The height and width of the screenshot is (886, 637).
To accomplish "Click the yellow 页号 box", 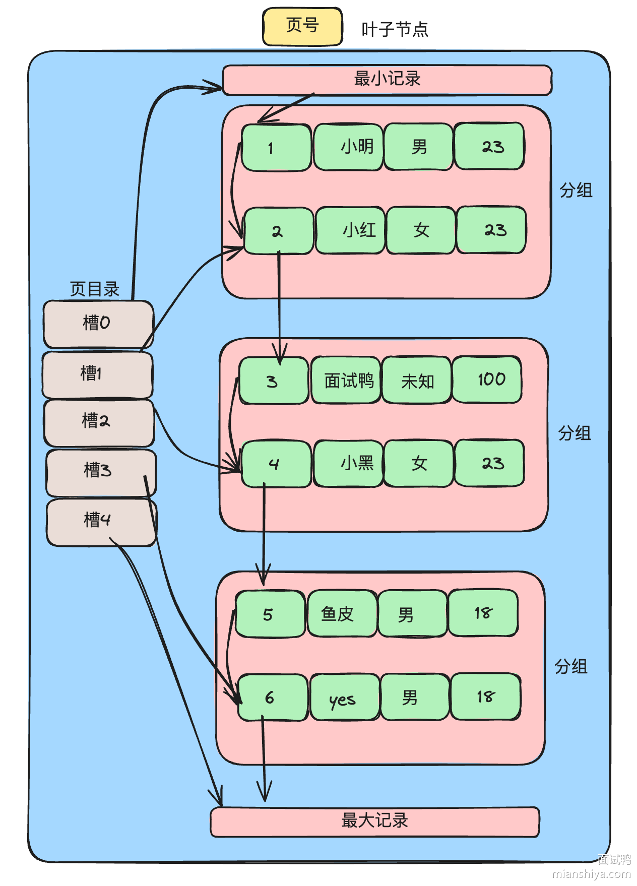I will tap(302, 26).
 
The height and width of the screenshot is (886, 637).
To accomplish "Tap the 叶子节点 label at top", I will tap(395, 30).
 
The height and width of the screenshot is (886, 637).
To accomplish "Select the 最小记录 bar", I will tap(387, 80).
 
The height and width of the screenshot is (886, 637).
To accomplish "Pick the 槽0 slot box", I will tap(98, 324).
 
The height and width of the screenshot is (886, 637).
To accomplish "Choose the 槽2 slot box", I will tap(99, 422).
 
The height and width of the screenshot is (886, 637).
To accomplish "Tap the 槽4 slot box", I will tap(101, 522).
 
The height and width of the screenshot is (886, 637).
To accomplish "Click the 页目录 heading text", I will tap(94, 289).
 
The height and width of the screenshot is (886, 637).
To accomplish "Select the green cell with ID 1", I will tap(276, 148).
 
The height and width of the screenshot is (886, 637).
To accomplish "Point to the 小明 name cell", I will tap(349, 147).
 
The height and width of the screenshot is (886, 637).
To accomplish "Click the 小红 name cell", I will tap(350, 230).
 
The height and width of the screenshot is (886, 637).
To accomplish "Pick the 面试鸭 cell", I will tap(346, 381).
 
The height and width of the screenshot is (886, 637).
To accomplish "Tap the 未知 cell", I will tap(417, 381).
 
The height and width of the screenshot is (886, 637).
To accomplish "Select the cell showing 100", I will tap(487, 379).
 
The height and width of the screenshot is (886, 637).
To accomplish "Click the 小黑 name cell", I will tap(348, 463).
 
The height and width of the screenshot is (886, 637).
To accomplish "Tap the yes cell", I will tap(345, 698).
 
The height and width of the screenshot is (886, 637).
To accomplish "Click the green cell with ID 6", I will tap(273, 698).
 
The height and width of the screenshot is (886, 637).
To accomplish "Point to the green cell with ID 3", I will tap(274, 381).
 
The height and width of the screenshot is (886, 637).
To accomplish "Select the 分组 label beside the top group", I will tap(576, 191).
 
